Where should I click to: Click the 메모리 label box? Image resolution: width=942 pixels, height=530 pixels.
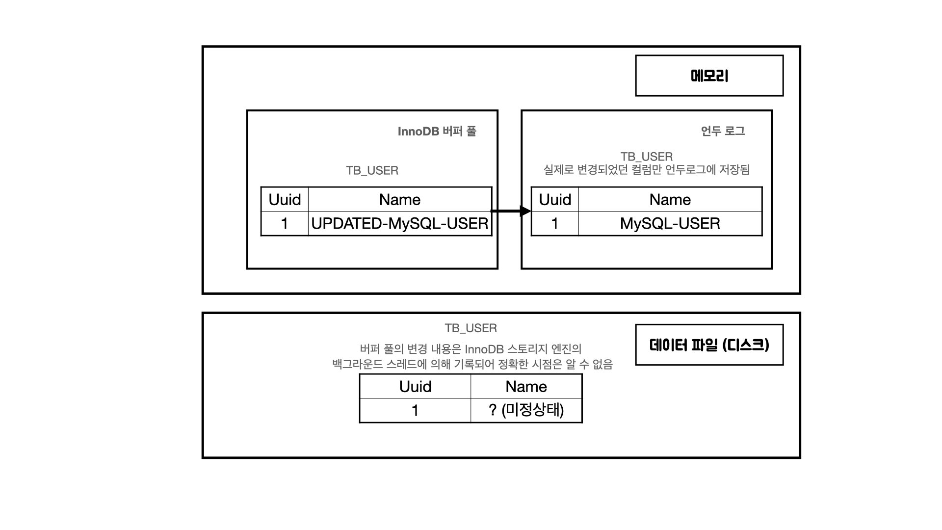click(709, 76)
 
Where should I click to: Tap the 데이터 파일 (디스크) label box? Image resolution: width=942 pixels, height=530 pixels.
click(709, 344)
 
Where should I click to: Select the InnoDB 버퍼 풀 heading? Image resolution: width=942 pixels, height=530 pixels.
click(437, 132)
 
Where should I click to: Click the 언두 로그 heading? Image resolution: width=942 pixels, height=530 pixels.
click(723, 131)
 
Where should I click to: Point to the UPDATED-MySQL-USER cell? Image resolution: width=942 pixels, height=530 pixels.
click(400, 224)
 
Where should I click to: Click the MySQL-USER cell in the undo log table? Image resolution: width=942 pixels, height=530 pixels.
click(670, 224)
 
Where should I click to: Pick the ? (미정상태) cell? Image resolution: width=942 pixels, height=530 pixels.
click(526, 410)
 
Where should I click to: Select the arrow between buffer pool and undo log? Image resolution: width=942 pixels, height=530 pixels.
click(511, 211)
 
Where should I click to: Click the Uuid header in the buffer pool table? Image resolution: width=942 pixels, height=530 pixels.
click(285, 200)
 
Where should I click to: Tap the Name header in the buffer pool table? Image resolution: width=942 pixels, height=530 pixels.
click(400, 200)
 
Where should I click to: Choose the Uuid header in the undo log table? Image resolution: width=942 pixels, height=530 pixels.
click(555, 200)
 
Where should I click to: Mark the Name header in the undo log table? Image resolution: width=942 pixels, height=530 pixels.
click(670, 200)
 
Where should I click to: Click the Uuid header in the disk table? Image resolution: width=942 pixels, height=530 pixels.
click(415, 387)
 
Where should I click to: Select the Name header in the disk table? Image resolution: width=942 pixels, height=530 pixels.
click(526, 387)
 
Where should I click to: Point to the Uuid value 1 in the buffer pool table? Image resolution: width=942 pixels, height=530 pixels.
click(285, 224)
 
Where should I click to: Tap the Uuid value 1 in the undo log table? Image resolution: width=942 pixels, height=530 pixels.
click(555, 224)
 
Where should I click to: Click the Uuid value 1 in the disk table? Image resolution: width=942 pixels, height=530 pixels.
click(415, 410)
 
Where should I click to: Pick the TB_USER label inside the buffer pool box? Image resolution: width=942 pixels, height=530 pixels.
click(372, 170)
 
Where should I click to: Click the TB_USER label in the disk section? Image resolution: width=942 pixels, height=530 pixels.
click(471, 328)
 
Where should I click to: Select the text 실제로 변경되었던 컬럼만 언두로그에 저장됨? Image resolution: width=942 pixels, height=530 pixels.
click(646, 170)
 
